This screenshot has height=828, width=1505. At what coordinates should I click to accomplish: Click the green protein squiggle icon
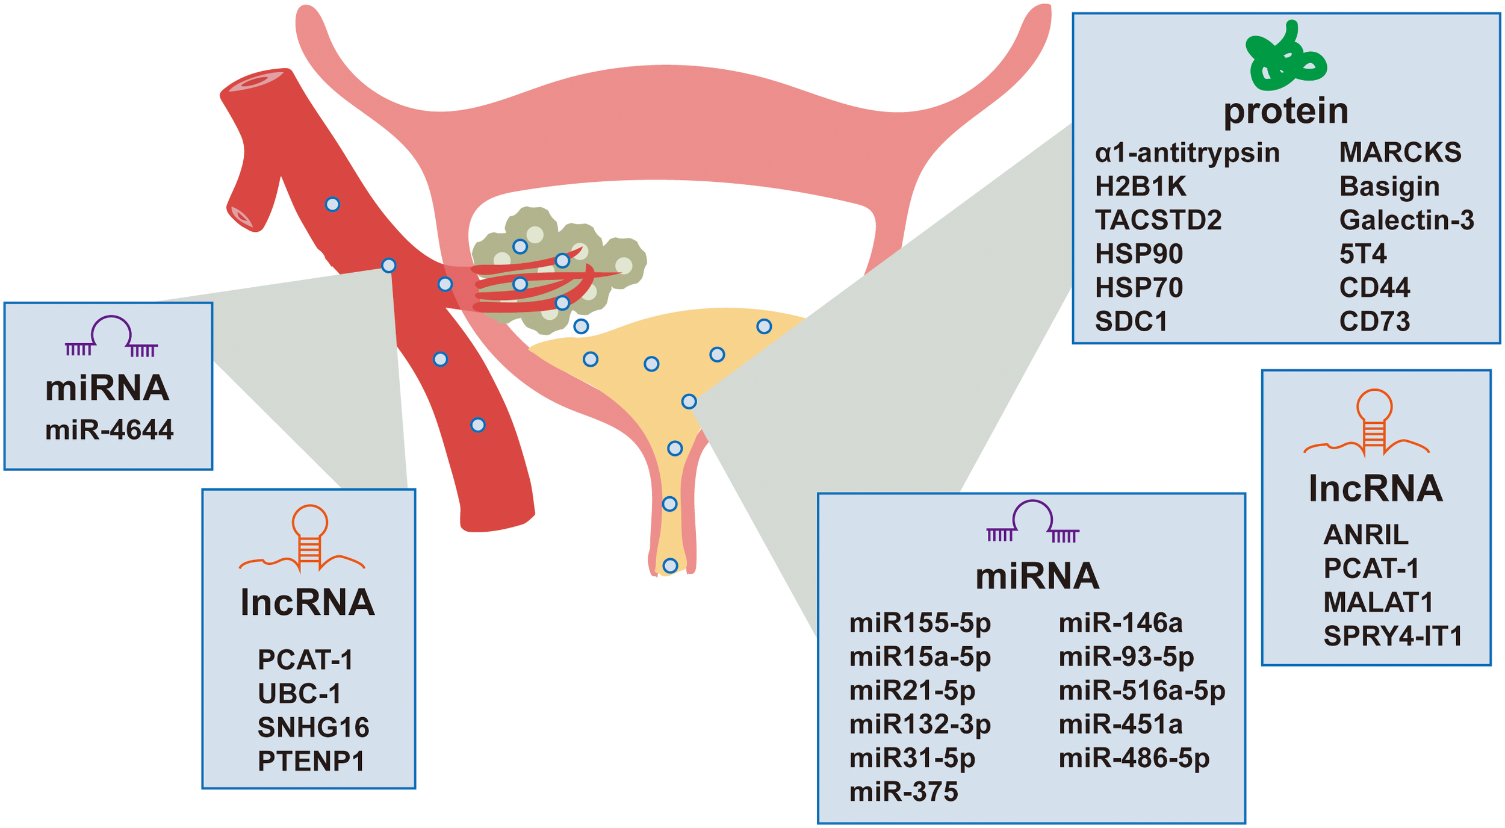pos(1286,57)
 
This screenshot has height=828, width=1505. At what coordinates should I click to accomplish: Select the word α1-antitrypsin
pos(1187,152)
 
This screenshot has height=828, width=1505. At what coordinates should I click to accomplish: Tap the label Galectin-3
pos(1406,220)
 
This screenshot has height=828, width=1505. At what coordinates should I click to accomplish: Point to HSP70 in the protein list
pos(1138,287)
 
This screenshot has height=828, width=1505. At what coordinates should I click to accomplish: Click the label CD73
pos(1374,321)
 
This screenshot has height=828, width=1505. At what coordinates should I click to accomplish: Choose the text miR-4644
pos(109,430)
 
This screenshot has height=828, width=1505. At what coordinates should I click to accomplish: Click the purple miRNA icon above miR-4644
pos(111,337)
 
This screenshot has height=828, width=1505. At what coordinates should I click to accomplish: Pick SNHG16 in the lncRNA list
pos(313,727)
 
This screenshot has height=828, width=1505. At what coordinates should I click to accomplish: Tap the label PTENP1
pos(311,761)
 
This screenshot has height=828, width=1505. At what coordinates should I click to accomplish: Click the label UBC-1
pos(299,694)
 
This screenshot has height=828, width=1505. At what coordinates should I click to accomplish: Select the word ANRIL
pos(1366,534)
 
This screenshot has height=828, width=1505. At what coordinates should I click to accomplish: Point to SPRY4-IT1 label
pos(1392,636)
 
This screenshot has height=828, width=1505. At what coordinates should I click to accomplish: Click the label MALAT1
pos(1378,602)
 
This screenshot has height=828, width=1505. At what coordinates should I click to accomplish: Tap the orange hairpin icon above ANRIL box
pos(1374,422)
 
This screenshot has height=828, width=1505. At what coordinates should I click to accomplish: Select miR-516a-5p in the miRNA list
pos(1141,690)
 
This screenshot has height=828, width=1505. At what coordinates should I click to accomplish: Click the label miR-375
pos(903,792)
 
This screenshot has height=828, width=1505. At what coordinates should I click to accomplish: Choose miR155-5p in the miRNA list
pos(920,623)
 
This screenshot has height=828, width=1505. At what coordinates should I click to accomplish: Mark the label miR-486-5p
pos(1134,758)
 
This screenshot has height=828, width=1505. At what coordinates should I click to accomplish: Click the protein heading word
pos(1286,111)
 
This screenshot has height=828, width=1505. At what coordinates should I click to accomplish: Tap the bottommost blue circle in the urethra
pos(670,565)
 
